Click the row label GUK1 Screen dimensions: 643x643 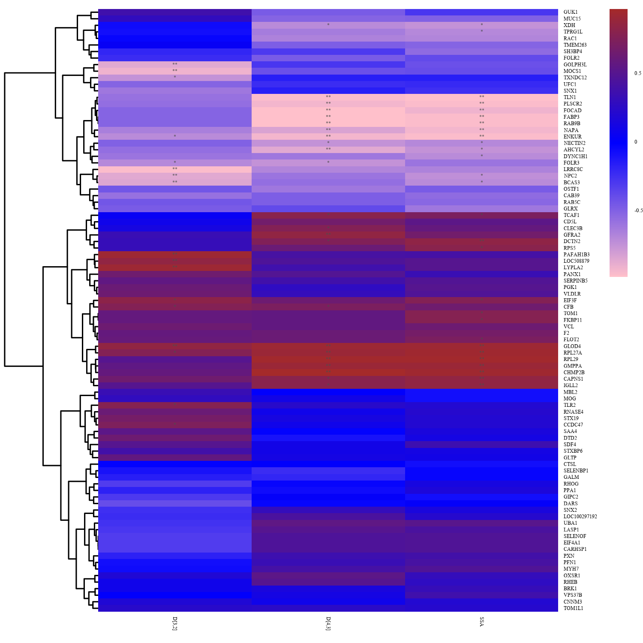(570, 12)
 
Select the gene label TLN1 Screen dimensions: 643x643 (570, 97)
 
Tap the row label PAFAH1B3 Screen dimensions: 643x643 (576, 255)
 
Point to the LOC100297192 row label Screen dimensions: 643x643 (580, 517)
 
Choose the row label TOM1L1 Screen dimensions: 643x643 (573, 608)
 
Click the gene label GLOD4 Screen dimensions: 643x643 (572, 346)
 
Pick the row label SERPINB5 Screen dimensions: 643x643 (575, 281)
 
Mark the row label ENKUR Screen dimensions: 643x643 (572, 137)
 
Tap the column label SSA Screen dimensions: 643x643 (482, 622)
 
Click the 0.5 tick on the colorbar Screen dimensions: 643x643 (638, 73)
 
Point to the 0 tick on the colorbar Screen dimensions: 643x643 (636, 142)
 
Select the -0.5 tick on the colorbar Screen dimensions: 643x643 (638, 210)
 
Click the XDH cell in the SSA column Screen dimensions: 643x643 (481, 25)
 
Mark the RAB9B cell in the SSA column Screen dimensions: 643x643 (481, 123)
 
